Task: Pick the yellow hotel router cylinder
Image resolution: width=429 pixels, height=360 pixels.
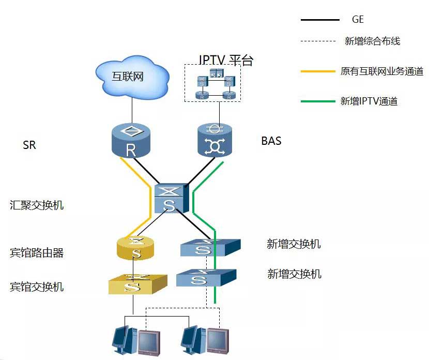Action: pos(135,248)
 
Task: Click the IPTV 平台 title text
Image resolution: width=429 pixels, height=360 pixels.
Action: pos(226,59)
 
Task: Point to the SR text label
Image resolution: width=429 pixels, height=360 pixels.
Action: pos(29,145)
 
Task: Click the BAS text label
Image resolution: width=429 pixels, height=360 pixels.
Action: pos(271,141)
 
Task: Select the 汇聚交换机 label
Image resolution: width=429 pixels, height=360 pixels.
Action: pos(37,205)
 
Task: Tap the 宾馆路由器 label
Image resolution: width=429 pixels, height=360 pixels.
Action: pos(37,253)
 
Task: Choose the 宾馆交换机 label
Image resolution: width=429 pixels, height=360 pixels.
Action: pos(37,286)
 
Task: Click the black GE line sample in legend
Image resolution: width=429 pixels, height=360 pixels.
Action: pos(320,20)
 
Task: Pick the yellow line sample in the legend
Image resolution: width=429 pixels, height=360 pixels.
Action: pos(318,71)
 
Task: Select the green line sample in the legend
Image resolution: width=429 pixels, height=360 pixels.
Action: pos(318,101)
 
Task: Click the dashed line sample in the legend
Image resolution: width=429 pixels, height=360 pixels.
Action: pos(318,41)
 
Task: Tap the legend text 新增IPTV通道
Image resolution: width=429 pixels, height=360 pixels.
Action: pos(369,101)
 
